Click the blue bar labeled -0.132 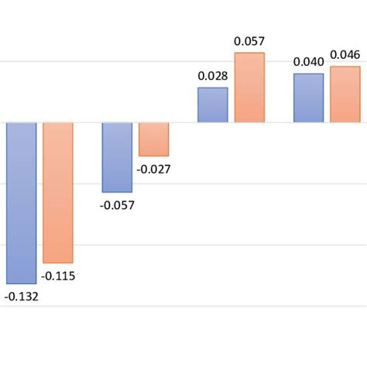(x=22, y=203)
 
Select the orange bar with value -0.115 (x=58, y=193)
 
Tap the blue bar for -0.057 (x=117, y=157)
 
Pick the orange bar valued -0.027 (x=153, y=139)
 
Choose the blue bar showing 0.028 (x=213, y=105)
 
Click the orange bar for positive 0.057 (x=249, y=87)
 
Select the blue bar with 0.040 (x=309, y=98)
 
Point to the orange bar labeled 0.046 (x=345, y=94)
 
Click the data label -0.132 (x=22, y=296)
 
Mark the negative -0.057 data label (x=117, y=205)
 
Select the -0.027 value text (x=153, y=169)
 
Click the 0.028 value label (x=213, y=76)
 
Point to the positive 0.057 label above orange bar (x=249, y=41)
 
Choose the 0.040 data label (x=309, y=62)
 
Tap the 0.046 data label (x=345, y=55)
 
